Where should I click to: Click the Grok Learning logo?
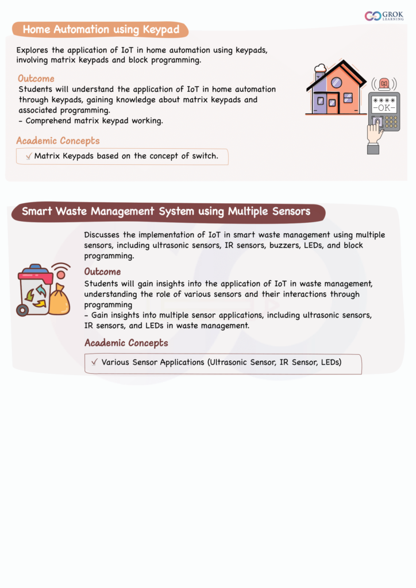(x=384, y=16)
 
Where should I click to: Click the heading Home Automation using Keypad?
(x=101, y=29)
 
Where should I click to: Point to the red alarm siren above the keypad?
(x=383, y=84)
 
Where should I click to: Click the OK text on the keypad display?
(x=384, y=107)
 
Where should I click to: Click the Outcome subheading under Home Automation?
(x=36, y=79)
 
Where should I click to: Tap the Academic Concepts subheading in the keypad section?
(x=57, y=141)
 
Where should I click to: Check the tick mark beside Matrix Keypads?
(x=29, y=156)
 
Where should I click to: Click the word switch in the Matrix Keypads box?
(x=205, y=156)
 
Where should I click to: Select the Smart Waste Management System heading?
(x=166, y=212)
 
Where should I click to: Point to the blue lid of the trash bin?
(x=36, y=270)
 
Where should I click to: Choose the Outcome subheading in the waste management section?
(x=102, y=272)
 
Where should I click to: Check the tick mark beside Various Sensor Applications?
(x=94, y=362)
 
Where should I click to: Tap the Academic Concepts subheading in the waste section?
(x=126, y=343)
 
